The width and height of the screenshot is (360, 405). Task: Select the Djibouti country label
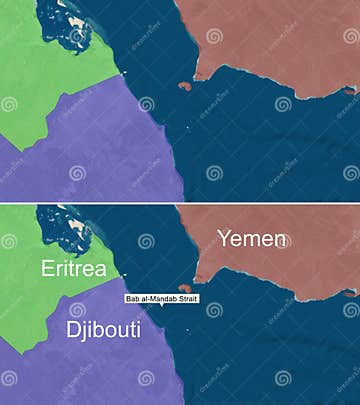pos(104,330)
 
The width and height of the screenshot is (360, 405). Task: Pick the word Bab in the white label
pos(133,298)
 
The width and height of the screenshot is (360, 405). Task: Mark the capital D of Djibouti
pos(72,330)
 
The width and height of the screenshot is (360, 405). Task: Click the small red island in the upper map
pos(184,87)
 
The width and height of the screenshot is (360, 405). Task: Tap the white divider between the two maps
pos(180,202)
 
